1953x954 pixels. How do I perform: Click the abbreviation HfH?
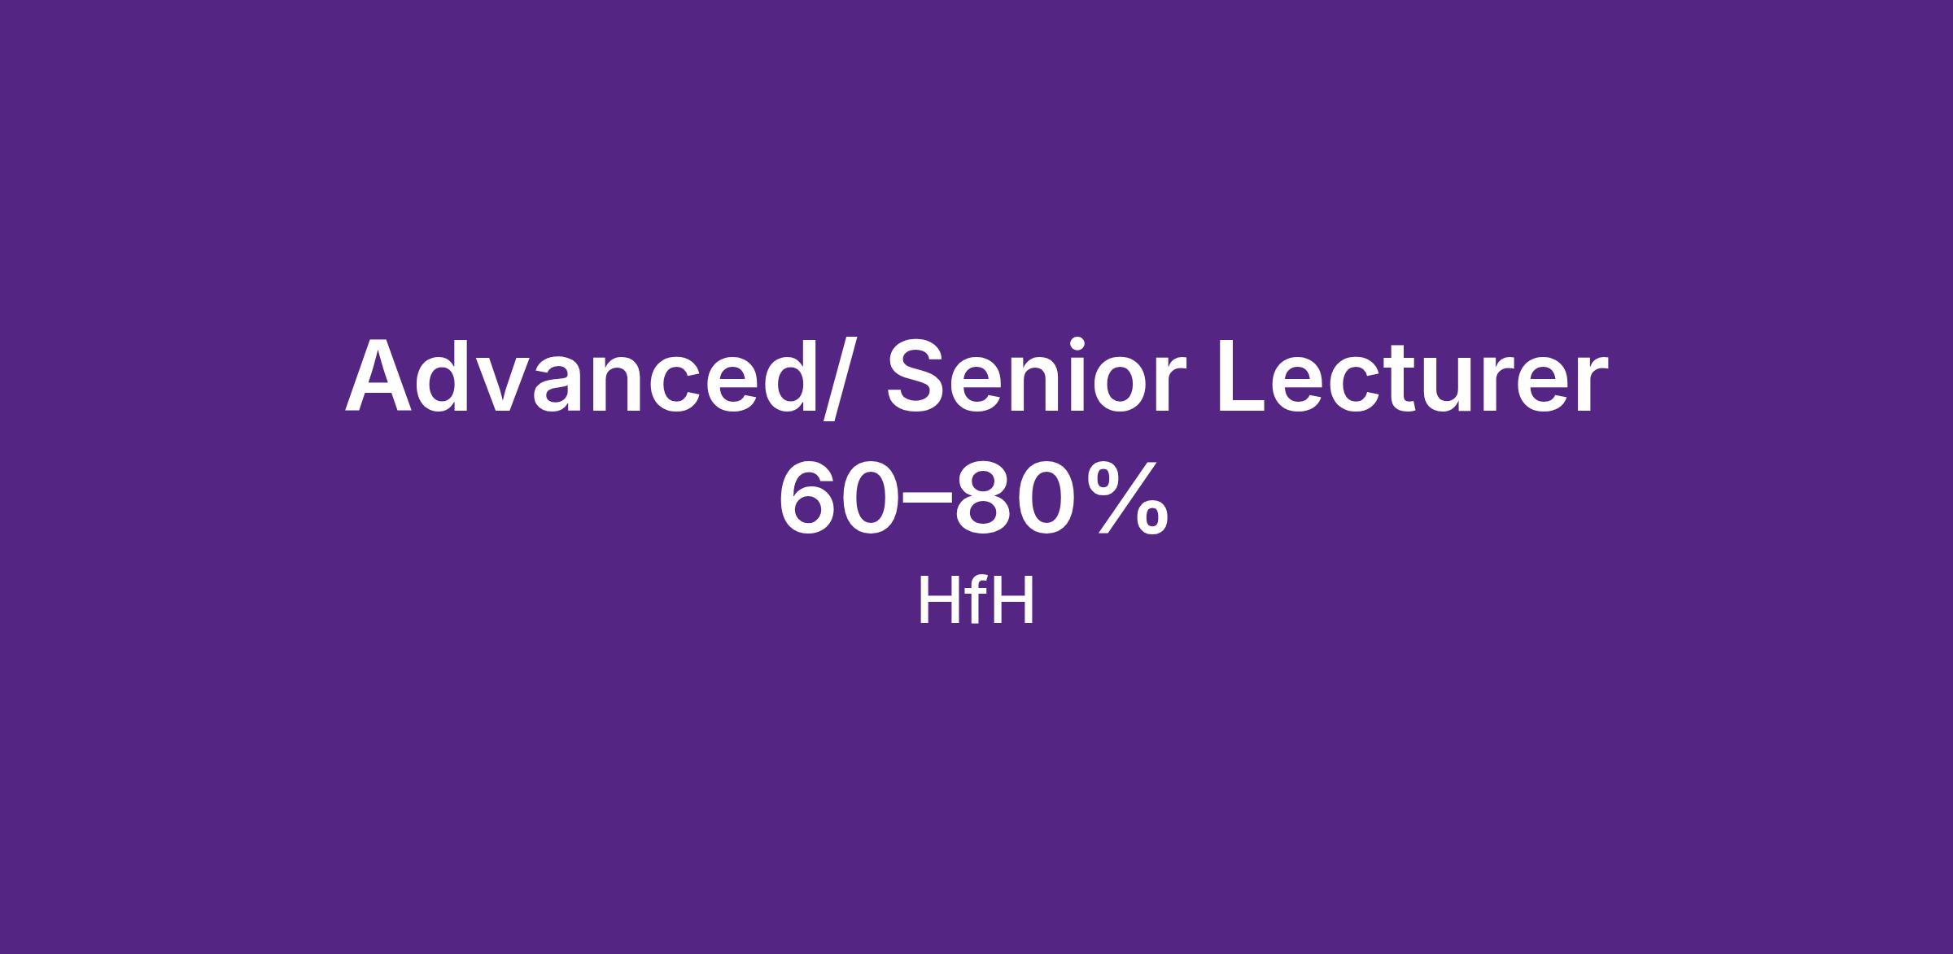pos(976,600)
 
